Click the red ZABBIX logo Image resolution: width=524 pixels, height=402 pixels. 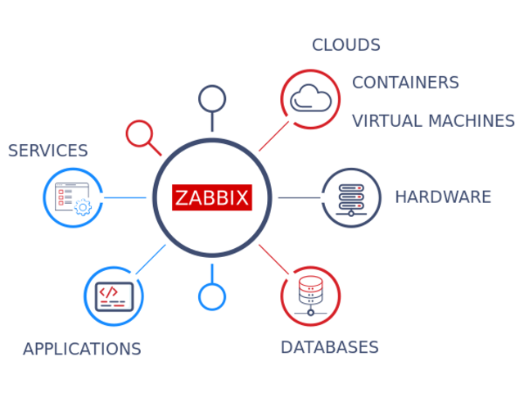point(212,197)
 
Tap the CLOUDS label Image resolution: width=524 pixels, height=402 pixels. point(346,44)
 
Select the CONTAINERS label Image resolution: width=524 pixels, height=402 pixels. point(405,82)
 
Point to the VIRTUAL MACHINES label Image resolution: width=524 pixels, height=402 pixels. point(433,120)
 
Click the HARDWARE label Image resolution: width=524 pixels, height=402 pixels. point(443,196)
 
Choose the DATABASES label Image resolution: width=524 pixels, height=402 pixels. point(329,346)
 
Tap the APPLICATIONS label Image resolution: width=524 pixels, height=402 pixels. point(82,349)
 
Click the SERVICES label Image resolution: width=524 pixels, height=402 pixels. point(47,151)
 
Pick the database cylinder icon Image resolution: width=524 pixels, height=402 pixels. point(310,296)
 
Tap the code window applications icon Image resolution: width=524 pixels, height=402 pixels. point(113,296)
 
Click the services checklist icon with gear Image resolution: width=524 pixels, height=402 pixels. point(73,197)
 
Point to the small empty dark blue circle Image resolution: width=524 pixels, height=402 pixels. point(212,99)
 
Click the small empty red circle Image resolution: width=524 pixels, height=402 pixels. point(138,133)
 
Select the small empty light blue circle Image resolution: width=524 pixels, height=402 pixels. point(212,296)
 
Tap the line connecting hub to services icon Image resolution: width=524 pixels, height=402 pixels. point(126,197)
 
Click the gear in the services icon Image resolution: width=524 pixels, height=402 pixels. point(82,206)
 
